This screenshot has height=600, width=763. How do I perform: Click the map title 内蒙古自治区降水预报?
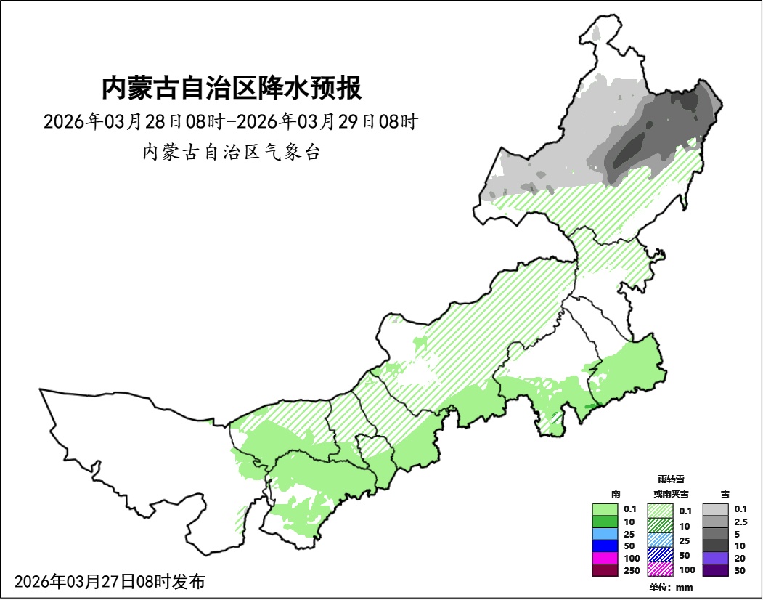(x=231, y=89)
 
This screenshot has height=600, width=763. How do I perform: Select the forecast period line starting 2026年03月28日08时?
(x=230, y=121)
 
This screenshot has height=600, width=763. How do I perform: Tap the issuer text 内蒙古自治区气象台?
(x=231, y=153)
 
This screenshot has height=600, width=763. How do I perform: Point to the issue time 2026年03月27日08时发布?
(x=110, y=582)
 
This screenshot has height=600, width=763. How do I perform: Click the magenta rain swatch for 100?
(x=604, y=558)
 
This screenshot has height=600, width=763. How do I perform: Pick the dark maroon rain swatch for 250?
(x=604, y=570)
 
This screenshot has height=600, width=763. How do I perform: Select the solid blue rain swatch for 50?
(x=604, y=546)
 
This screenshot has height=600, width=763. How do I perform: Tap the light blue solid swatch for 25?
(x=604, y=533)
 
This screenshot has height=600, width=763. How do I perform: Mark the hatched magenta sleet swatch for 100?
(x=660, y=570)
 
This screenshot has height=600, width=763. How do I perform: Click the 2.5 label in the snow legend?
(x=740, y=522)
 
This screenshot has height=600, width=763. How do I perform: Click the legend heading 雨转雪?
(x=670, y=479)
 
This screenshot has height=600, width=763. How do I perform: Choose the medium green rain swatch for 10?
(x=604, y=521)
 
